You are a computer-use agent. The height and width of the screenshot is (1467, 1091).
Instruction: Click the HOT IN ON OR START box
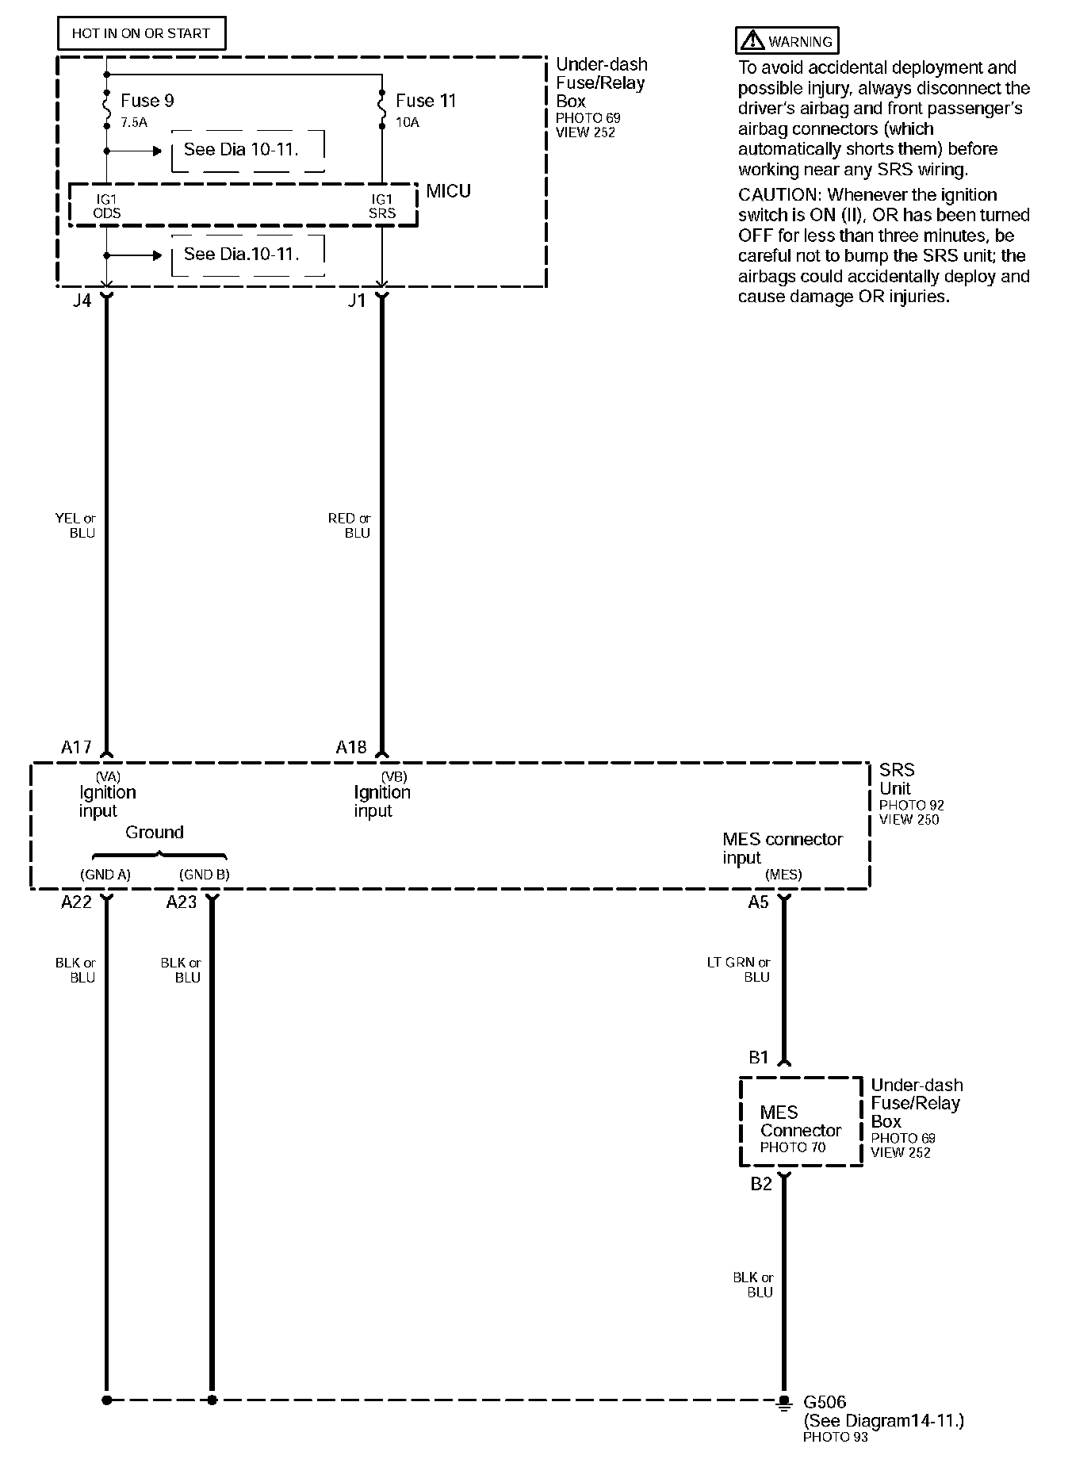click(141, 33)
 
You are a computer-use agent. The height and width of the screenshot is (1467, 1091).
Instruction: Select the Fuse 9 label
click(147, 101)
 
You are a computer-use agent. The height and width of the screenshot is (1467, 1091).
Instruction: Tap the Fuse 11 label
click(426, 101)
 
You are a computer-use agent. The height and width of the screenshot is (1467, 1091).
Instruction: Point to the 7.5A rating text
click(134, 123)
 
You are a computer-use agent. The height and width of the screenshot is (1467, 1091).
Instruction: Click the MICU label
click(448, 191)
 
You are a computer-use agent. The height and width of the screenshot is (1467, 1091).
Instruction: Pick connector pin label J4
click(82, 301)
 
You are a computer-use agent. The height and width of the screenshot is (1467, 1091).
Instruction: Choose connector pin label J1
click(357, 301)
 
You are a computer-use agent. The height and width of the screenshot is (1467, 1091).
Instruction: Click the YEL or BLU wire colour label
click(76, 526)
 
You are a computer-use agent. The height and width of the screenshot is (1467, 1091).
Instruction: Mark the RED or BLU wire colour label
click(350, 526)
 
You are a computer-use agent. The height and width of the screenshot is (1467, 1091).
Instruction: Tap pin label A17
click(76, 747)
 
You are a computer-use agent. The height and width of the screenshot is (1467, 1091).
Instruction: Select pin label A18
click(351, 747)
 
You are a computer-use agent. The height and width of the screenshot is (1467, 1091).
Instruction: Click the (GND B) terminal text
click(204, 875)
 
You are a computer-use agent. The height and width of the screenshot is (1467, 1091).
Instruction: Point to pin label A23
click(181, 902)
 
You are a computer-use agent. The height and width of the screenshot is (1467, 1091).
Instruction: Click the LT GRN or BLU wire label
click(739, 970)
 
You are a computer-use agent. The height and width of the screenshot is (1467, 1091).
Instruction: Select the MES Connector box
click(800, 1121)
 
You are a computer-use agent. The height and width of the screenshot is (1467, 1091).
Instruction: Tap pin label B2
click(760, 1184)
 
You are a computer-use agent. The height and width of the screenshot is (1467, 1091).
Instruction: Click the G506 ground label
click(825, 1402)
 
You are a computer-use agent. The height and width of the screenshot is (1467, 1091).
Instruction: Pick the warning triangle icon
click(751, 40)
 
